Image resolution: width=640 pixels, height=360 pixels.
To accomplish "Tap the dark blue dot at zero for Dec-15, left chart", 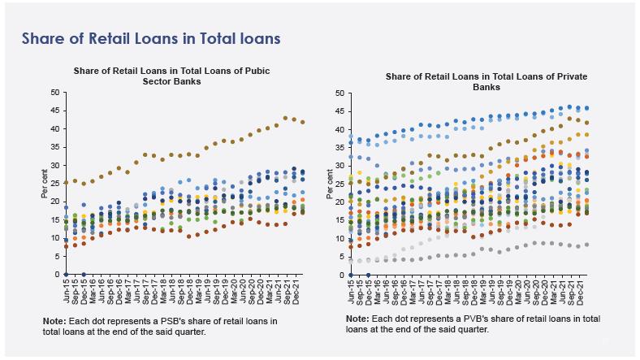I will [84, 275].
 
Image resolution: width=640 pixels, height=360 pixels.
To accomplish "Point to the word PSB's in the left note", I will [184, 321].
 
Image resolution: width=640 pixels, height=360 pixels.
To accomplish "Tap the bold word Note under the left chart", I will [54, 321].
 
